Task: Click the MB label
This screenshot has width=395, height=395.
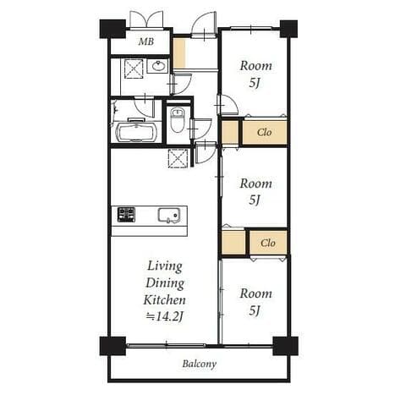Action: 146,41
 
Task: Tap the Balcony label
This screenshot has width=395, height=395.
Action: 200,364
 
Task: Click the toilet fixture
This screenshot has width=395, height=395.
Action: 177,121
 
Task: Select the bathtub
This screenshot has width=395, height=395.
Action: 137,132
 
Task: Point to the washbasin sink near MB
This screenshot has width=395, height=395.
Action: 158,67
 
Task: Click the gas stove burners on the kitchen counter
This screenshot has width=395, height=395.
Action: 126,214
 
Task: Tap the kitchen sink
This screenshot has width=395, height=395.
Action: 169,216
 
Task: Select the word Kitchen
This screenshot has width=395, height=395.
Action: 165,300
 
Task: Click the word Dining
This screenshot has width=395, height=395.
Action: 165,283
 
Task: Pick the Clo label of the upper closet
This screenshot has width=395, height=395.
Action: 264,132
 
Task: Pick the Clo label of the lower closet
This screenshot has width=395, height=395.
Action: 268,243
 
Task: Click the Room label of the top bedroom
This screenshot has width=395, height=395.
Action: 256,66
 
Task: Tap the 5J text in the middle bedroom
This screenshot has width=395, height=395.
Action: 255,200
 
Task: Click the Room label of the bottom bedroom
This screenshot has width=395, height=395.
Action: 256,294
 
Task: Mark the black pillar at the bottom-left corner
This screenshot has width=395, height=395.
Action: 112,346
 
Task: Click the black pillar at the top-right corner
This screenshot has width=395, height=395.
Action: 288,29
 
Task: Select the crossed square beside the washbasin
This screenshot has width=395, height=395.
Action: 134,69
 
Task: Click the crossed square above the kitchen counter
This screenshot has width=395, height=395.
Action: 178,159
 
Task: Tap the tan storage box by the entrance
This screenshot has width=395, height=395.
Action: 179,53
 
